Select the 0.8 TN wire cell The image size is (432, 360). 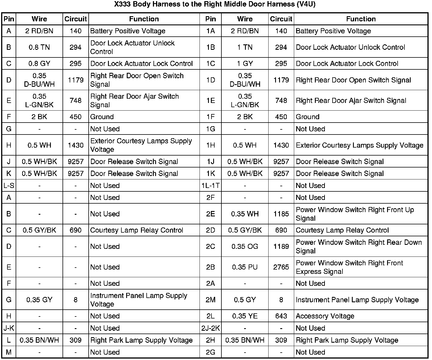tap(39, 47)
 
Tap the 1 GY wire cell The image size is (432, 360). tap(245, 63)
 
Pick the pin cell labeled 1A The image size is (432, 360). tap(210, 31)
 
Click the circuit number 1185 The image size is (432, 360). tap(281, 214)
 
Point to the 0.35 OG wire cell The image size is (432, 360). tap(245, 247)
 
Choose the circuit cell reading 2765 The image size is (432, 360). tap(281, 267)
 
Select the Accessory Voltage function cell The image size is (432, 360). tap(325, 316)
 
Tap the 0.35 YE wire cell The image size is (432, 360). tap(245, 316)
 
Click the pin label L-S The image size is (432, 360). tap(9, 185)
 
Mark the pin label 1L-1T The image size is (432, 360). tap(210, 185)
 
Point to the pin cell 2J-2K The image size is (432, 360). tap(210, 328)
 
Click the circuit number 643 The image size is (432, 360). tap(281, 316)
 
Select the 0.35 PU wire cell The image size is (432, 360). tap(245, 267)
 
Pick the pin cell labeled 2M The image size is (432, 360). tap(210, 300)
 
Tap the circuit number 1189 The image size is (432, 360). tap(281, 247)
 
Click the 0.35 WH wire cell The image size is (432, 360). tap(245, 214)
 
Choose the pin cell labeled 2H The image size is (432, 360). tap(210, 340)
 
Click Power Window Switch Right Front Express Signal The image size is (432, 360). tap(349, 267)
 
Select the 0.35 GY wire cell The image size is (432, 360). tap(39, 300)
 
